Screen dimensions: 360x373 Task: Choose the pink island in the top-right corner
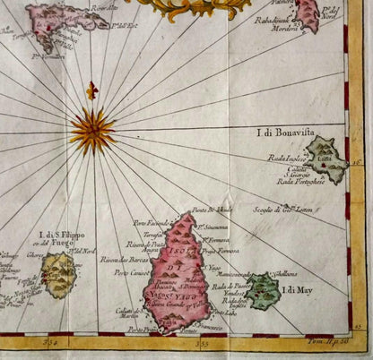click(x=308, y=13)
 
